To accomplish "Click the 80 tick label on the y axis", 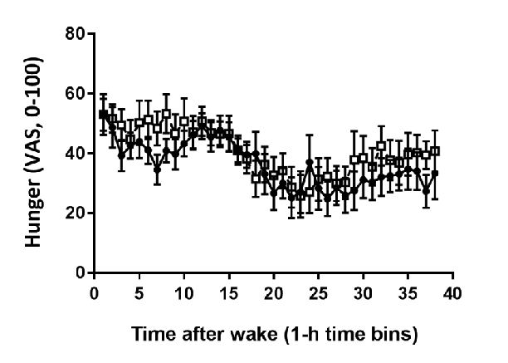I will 76,34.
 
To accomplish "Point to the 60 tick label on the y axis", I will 76,94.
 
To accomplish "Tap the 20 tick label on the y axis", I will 76,213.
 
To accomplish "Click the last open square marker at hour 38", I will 435,151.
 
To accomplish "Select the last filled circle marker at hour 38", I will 435,174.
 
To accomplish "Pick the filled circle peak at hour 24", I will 310,163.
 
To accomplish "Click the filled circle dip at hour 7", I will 157,169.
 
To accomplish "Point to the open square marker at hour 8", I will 166,114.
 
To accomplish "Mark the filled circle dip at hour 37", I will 426,190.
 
